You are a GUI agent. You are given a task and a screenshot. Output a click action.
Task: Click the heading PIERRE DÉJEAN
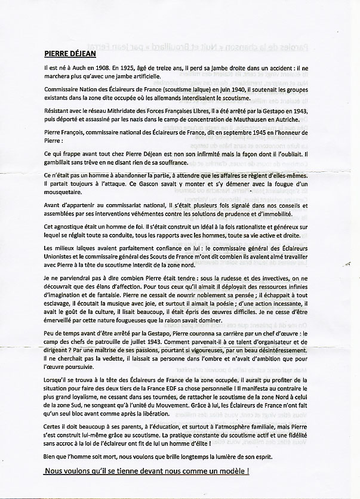click(72, 52)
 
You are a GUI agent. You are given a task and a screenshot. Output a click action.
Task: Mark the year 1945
click(250, 136)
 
